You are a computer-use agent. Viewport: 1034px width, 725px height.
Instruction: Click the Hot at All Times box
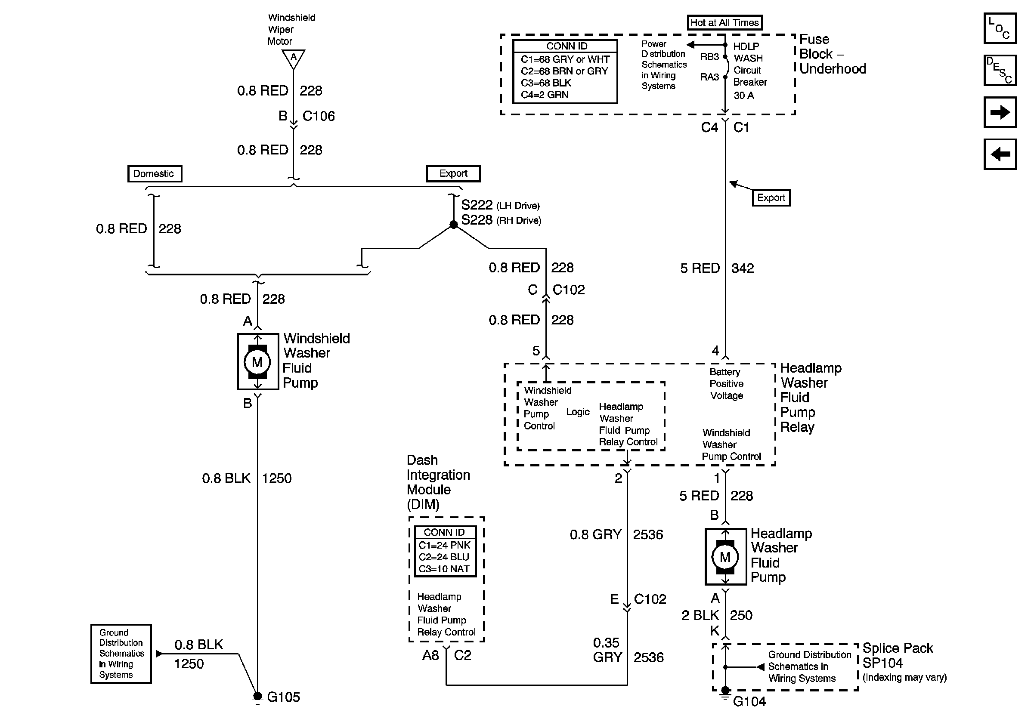point(724,22)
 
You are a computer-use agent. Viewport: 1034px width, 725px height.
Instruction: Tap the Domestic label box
point(155,174)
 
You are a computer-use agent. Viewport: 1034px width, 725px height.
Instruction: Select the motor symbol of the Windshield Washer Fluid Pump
point(257,362)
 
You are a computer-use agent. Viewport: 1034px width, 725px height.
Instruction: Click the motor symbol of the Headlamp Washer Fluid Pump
point(725,557)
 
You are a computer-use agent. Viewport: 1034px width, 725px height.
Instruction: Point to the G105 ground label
point(283,697)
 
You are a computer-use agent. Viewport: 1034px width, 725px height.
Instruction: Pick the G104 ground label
point(749,702)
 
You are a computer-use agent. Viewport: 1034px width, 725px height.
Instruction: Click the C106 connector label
point(319,116)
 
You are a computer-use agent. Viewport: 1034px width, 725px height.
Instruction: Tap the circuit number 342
point(743,268)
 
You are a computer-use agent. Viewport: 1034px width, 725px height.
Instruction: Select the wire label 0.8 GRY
point(595,535)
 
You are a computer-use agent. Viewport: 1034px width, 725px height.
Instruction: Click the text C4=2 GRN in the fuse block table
point(545,95)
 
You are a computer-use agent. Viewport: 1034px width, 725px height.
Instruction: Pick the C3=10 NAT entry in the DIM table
point(444,569)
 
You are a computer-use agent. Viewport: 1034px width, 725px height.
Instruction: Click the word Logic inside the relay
point(578,412)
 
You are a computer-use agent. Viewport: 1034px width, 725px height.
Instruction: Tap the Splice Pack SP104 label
point(898,655)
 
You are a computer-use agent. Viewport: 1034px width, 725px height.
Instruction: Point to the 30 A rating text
point(743,96)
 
